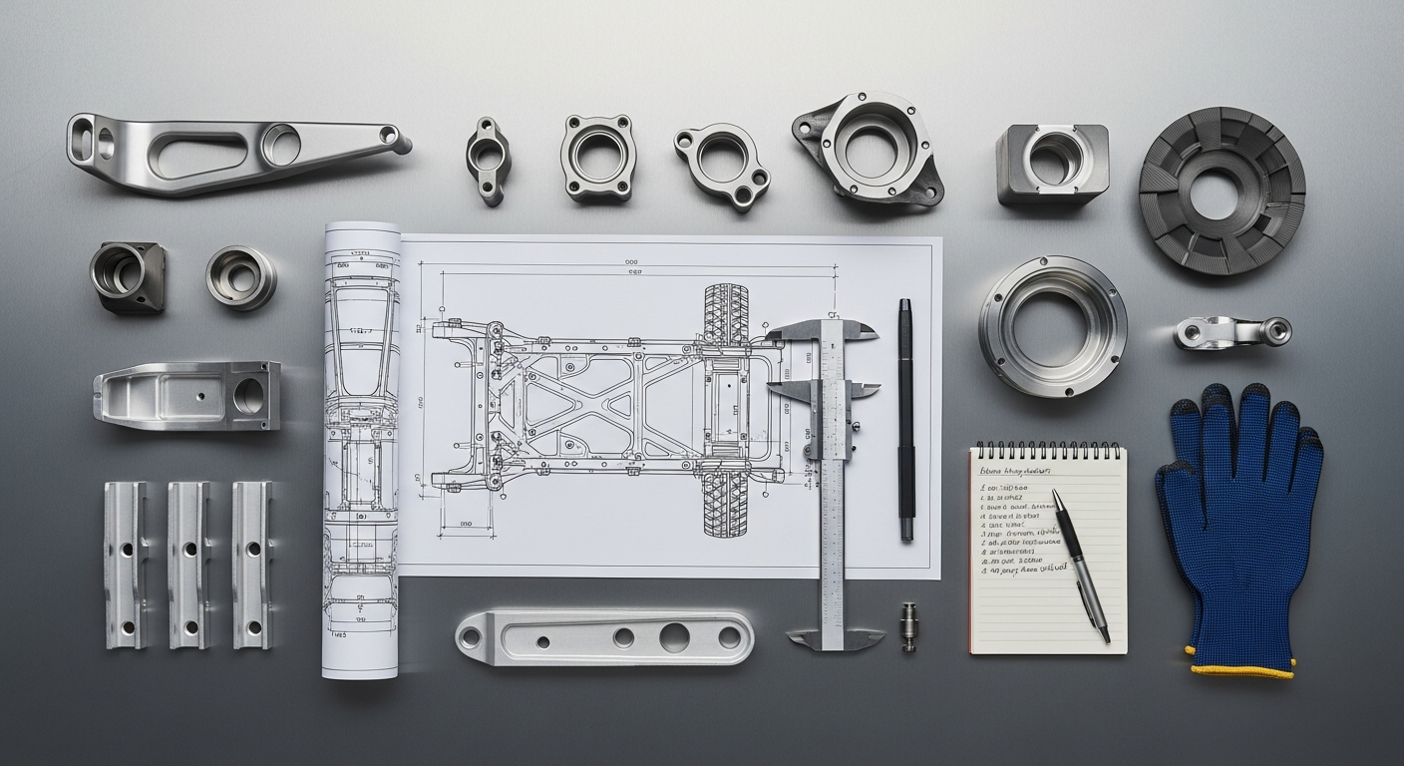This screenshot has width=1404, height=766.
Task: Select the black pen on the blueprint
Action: (905, 419)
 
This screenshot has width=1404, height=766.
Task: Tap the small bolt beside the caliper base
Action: (908, 626)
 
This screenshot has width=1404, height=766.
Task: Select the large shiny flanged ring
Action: (1052, 326)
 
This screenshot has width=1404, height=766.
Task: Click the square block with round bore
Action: (1052, 164)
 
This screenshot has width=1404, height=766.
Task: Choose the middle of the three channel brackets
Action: (188, 565)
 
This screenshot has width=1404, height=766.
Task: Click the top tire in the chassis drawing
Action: (726, 315)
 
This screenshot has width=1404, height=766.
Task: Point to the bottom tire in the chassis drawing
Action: (726, 503)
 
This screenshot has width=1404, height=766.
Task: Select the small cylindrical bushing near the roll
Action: (241, 277)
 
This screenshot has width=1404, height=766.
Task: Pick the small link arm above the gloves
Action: (1231, 332)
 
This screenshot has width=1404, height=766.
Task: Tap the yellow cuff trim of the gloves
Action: (1241, 669)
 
